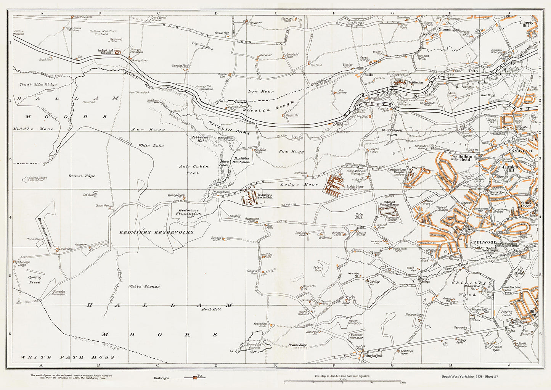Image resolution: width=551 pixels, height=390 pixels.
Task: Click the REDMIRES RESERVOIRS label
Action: pyautogui.click(x=156, y=232)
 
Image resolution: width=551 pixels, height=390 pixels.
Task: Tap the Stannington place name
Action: pyautogui.click(x=450, y=29)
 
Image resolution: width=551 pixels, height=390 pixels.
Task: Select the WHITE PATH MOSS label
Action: pyautogui.click(x=67, y=357)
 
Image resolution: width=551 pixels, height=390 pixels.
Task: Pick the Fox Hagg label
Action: pyautogui.click(x=296, y=151)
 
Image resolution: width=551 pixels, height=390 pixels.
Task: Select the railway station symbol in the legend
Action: pyautogui.click(x=195, y=378)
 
